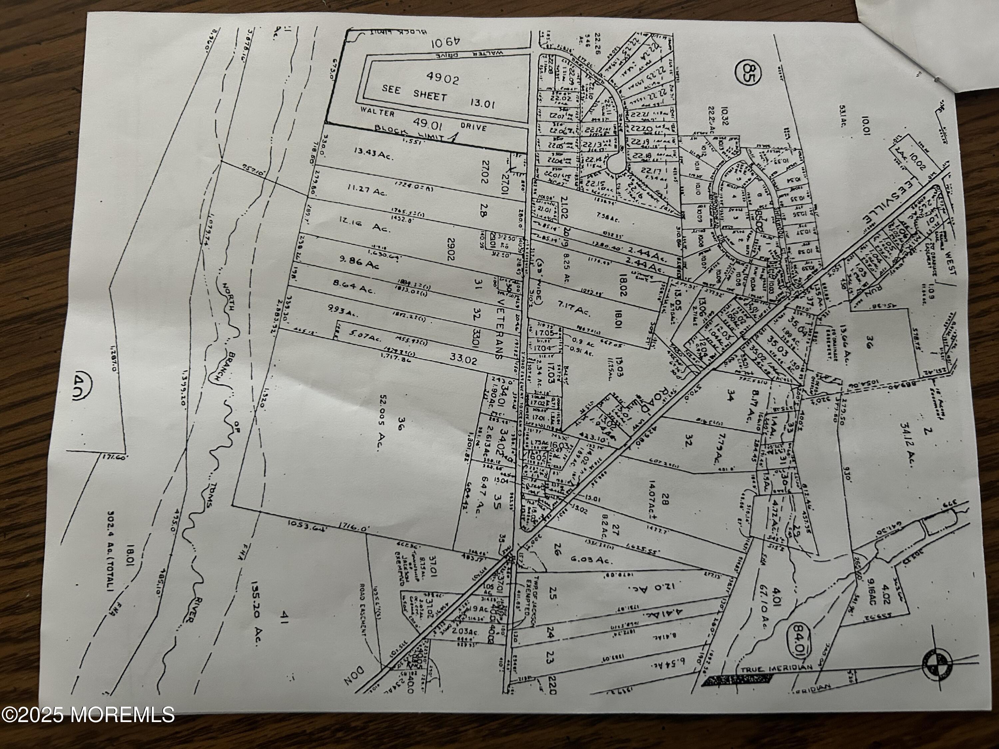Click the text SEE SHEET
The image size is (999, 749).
click(x=414, y=93)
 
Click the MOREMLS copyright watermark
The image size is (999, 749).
click(x=88, y=715)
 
